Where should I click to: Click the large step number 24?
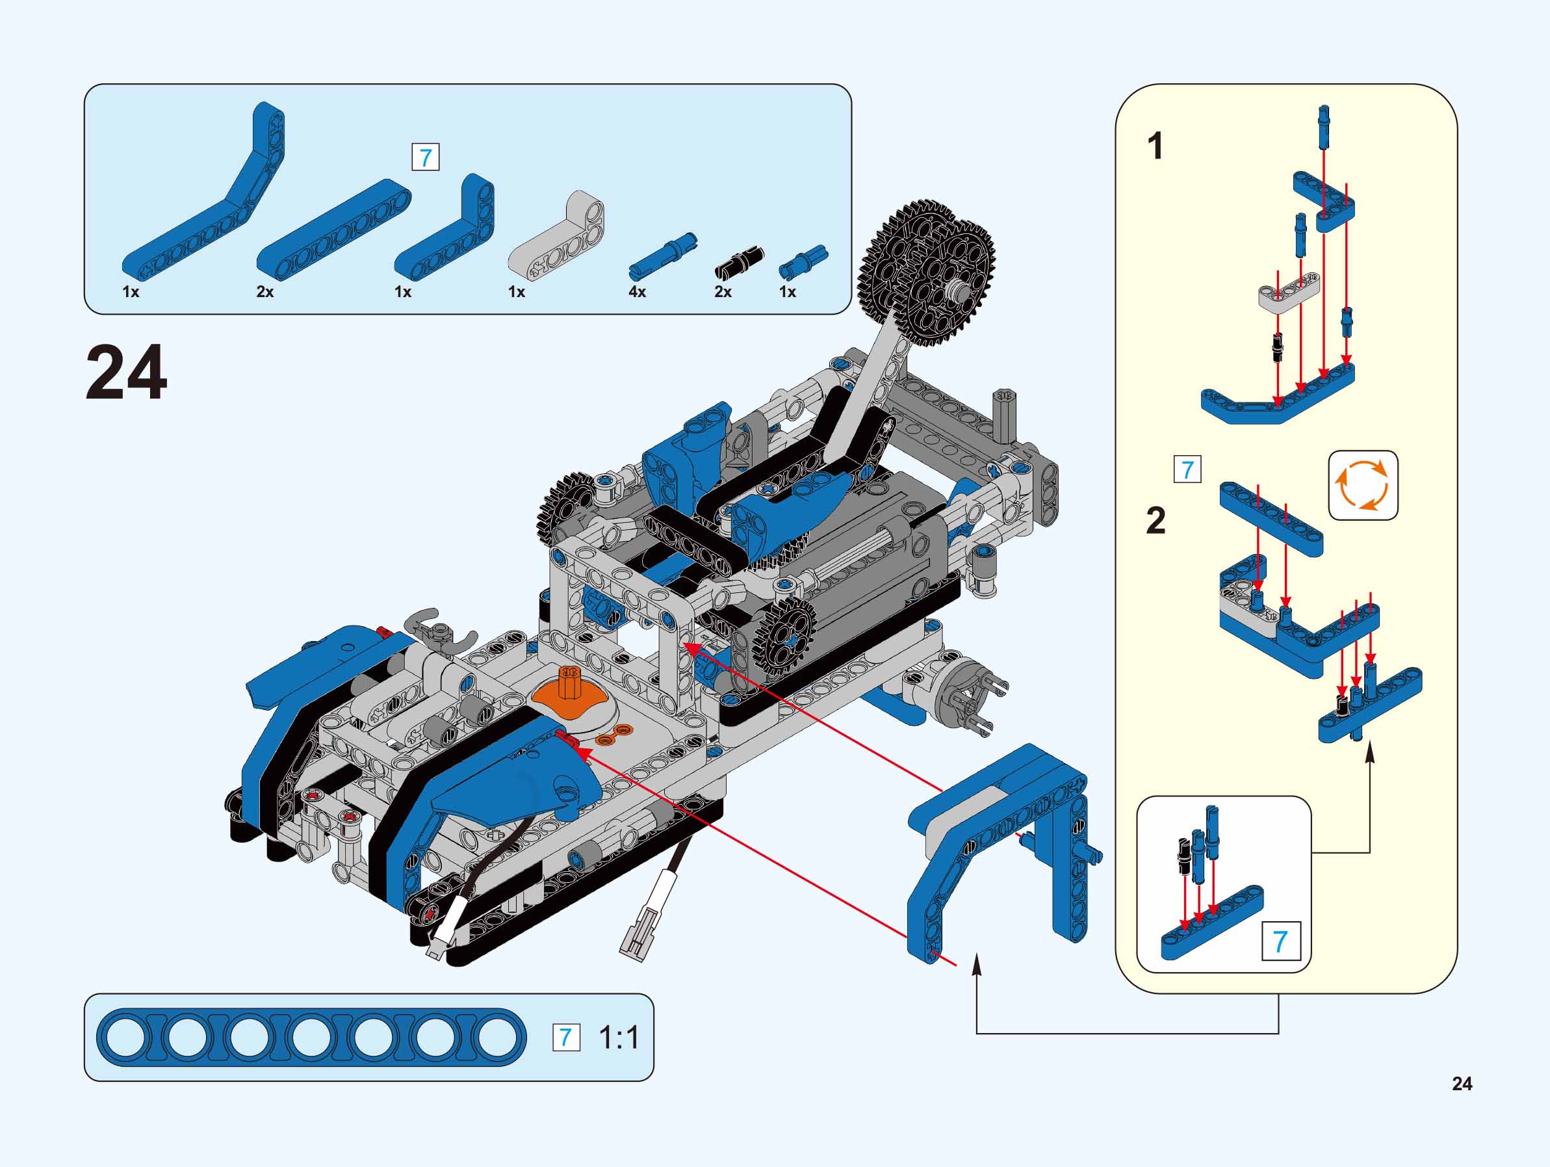pos(126,373)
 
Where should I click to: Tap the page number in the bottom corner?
pos(1462,1084)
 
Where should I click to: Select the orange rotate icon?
pos(1362,485)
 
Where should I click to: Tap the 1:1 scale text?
pos(619,1038)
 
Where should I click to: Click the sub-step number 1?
pos(1155,147)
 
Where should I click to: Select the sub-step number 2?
pos(1156,521)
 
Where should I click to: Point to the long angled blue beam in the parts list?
pos(203,203)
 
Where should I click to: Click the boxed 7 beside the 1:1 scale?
pos(566,1038)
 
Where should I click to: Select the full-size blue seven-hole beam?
pos(311,1038)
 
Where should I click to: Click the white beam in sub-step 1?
pos(1289,291)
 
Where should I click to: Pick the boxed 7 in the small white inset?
pos(1280,941)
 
